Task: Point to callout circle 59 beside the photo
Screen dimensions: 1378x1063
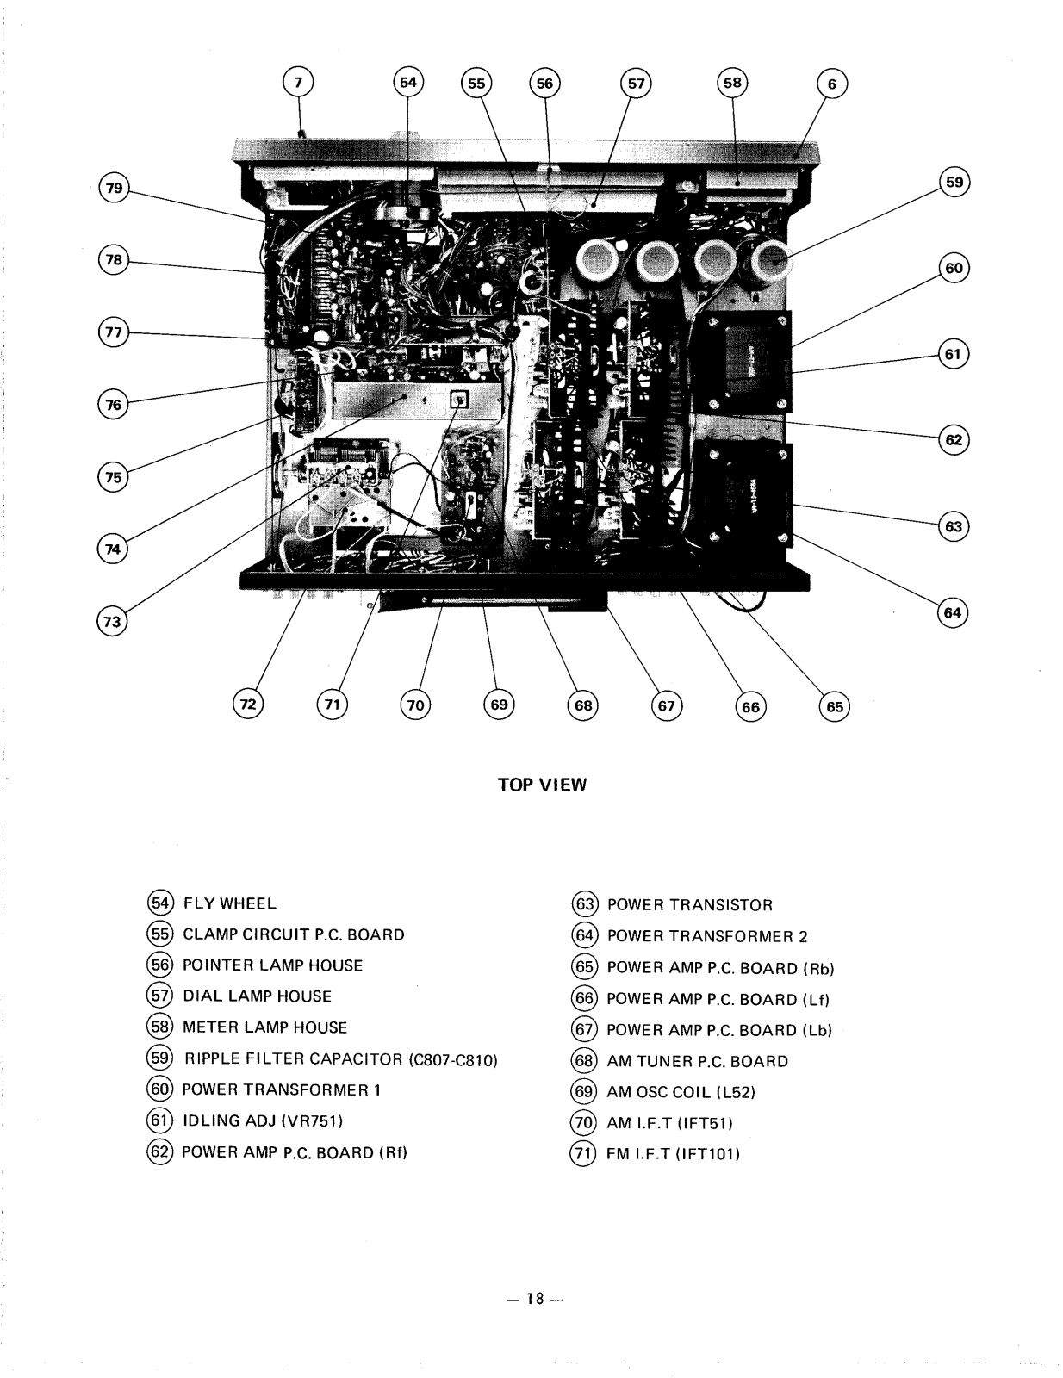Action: coord(954,183)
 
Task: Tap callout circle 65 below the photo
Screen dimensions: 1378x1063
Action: coord(834,706)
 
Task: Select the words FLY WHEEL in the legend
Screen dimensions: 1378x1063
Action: coord(229,903)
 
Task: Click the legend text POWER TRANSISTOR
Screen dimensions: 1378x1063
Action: coord(689,905)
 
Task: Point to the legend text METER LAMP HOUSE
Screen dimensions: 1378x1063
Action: coord(264,1027)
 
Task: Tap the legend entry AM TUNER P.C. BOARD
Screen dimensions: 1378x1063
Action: coord(697,1061)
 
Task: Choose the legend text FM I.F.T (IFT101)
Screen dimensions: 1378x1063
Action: coord(674,1154)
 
